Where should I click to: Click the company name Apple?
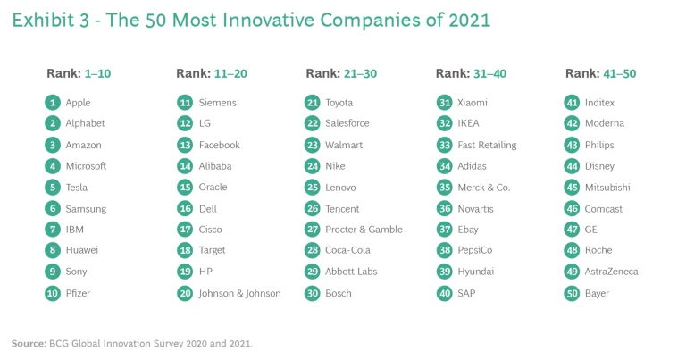pos(78,103)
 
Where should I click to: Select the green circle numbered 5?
pos(53,188)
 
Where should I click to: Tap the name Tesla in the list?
pos(78,188)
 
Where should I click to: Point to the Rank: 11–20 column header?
pos(211,73)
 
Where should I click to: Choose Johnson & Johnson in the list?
pos(239,293)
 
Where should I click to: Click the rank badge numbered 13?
pos(185,145)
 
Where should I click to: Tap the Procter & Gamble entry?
pos(364,230)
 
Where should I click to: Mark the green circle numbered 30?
pos(313,293)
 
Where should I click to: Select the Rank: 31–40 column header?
pos(472,73)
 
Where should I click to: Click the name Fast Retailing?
pos(486,145)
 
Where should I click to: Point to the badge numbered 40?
pos(444,293)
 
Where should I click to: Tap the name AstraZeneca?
pos(611,272)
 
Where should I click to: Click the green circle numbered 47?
pos(573,230)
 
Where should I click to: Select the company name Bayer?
pos(598,293)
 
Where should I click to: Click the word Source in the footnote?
pos(27,342)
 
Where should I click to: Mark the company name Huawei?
pos(82,251)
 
